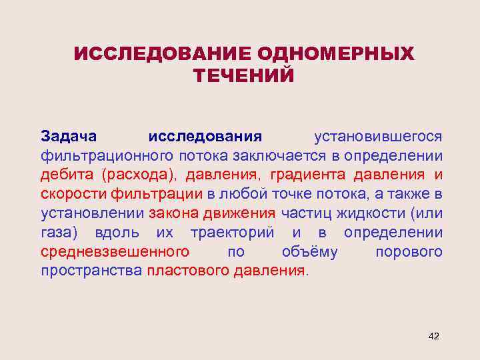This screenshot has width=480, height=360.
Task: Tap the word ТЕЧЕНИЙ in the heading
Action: [x=244, y=75]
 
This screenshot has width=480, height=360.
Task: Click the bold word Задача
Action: [x=69, y=137]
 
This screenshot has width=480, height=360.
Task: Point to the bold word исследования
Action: [x=205, y=137]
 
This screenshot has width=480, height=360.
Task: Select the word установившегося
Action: [x=378, y=137]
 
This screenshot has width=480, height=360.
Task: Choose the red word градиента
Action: [x=308, y=175]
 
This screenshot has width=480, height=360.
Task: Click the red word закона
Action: [x=172, y=214]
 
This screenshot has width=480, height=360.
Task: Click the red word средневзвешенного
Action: [x=115, y=253]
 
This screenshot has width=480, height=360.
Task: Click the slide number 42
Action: [x=433, y=336]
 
